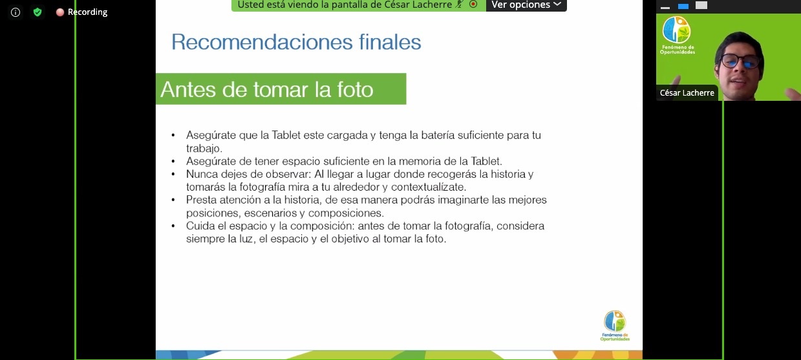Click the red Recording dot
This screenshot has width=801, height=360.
pyautogui.click(x=60, y=12)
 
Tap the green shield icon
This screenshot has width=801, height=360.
pyautogui.click(x=37, y=12)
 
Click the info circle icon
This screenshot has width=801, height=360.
pyautogui.click(x=16, y=12)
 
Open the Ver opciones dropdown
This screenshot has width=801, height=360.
pyautogui.click(x=526, y=5)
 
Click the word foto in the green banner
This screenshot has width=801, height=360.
pyautogui.click(x=355, y=89)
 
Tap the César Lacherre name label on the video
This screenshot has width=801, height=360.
pyautogui.click(x=687, y=93)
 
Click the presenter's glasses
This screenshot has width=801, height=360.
pyautogui.click(x=740, y=61)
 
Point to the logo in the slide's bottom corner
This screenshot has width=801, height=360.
pyautogui.click(x=615, y=325)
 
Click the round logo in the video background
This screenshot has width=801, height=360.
pyautogui.click(x=676, y=30)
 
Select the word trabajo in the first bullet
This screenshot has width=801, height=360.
pyautogui.click(x=203, y=149)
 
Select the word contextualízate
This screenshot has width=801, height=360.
pyautogui.click(x=429, y=187)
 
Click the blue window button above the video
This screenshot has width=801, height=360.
pyautogui.click(x=683, y=6)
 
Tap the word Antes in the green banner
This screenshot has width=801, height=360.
pyautogui.click(x=188, y=89)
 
